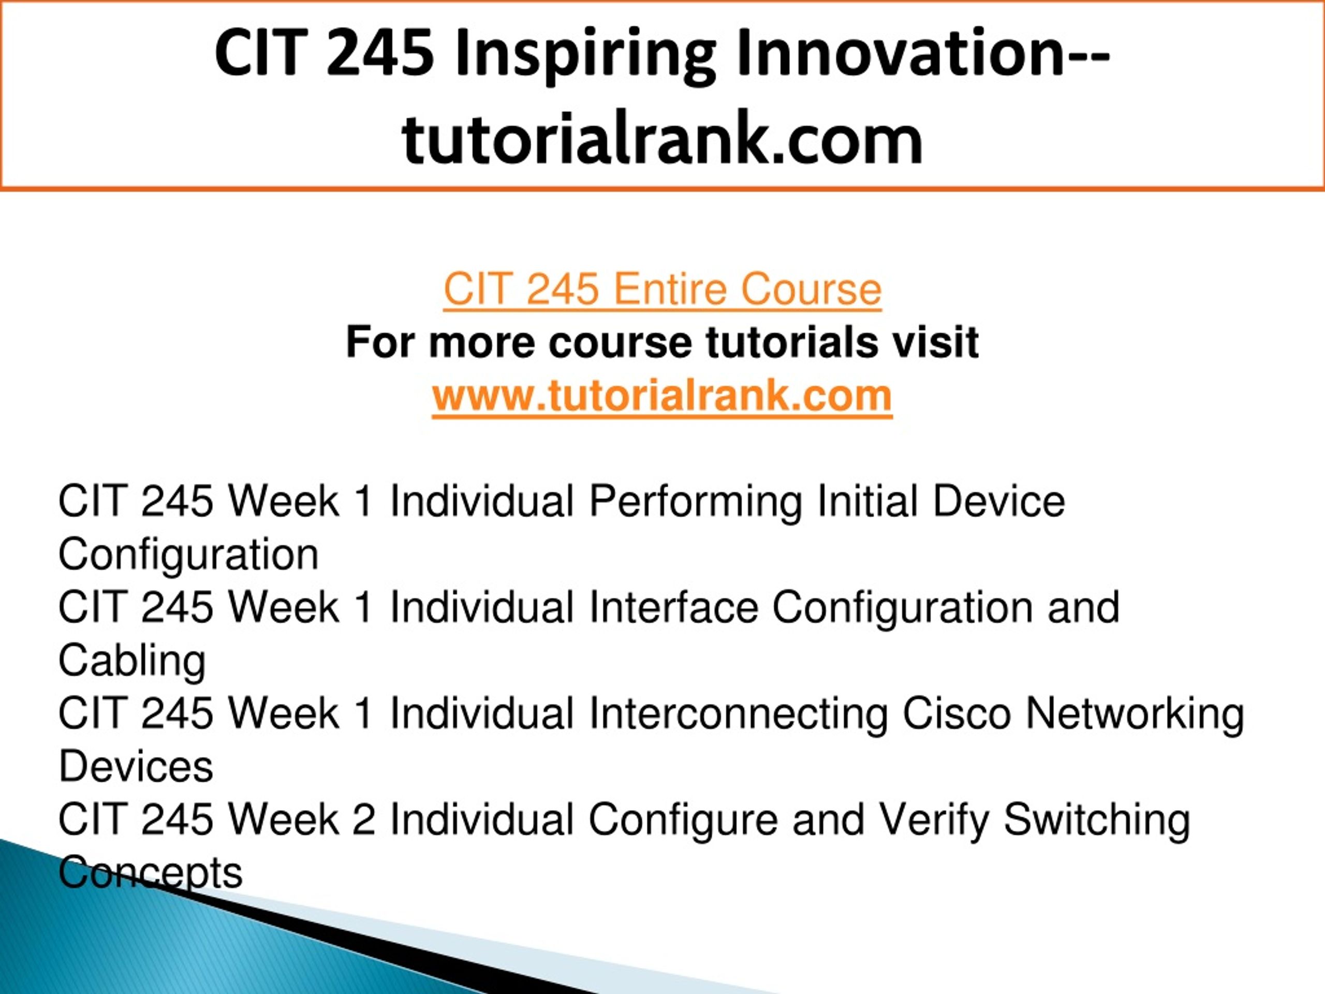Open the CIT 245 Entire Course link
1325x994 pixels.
tap(662, 289)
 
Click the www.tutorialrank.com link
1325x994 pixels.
tap(662, 396)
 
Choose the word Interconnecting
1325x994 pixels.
tap(739, 715)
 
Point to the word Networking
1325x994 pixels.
tap(1135, 715)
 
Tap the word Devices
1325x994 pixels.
tap(136, 766)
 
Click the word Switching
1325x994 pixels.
tap(1097, 822)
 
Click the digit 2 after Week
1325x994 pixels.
tap(364, 819)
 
